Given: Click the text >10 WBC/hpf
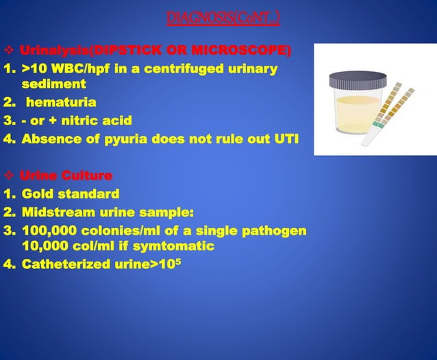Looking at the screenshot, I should click(59, 69).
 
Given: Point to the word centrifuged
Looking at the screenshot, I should click(186, 69).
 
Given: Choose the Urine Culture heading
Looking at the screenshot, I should click(60, 176).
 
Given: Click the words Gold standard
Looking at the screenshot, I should click(71, 194).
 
